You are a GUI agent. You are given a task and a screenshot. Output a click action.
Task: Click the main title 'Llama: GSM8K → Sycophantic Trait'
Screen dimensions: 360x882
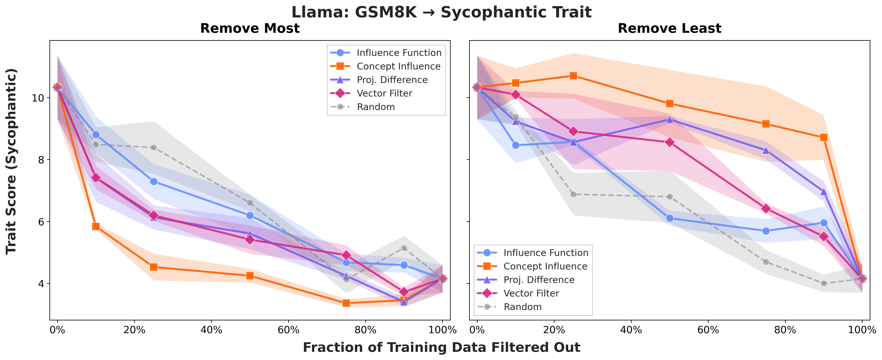point(441,12)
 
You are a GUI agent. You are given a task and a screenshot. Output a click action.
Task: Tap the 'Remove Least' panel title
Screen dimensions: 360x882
point(669,28)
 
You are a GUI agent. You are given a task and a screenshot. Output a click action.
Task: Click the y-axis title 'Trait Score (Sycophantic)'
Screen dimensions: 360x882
point(11,161)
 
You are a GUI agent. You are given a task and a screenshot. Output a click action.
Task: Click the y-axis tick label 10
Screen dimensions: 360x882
point(38,98)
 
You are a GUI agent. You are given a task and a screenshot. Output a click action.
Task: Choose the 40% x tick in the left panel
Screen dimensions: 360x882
point(211,330)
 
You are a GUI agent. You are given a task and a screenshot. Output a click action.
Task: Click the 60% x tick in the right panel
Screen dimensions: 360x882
point(708,330)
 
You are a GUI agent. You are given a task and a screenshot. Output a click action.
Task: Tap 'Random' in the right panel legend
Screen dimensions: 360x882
point(523,307)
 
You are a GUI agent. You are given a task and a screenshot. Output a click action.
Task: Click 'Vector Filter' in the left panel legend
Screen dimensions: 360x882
point(384,93)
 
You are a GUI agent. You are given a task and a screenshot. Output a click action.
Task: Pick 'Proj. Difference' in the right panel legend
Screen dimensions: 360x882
point(539,280)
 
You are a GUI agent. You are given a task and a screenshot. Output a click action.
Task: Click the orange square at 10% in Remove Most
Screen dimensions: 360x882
point(96,226)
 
